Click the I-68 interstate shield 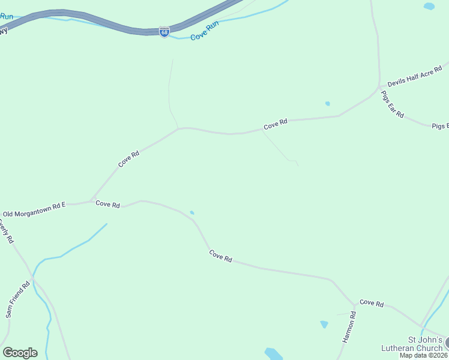pyautogui.click(x=164, y=32)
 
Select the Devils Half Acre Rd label pyautogui.click(x=414, y=76)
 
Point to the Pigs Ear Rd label pyautogui.click(x=393, y=106)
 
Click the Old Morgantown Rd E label pyautogui.click(x=34, y=209)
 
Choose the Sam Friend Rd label pyautogui.click(x=17, y=300)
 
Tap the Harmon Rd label pyautogui.click(x=349, y=327)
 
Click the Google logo pyautogui.click(x=20, y=353)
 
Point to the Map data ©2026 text pyautogui.click(x=424, y=355)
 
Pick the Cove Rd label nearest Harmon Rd pyautogui.click(x=372, y=304)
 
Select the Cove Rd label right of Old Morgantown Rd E pyautogui.click(x=108, y=205)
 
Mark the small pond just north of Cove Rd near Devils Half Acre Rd pyautogui.click(x=327, y=104)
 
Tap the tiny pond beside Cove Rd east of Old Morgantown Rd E pyautogui.click(x=192, y=212)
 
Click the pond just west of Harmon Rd pyautogui.click(x=324, y=324)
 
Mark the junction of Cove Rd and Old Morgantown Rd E pyautogui.click(x=91, y=201)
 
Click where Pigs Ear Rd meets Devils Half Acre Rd pyautogui.click(x=379, y=87)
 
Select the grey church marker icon pyautogui.click(x=447, y=342)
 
